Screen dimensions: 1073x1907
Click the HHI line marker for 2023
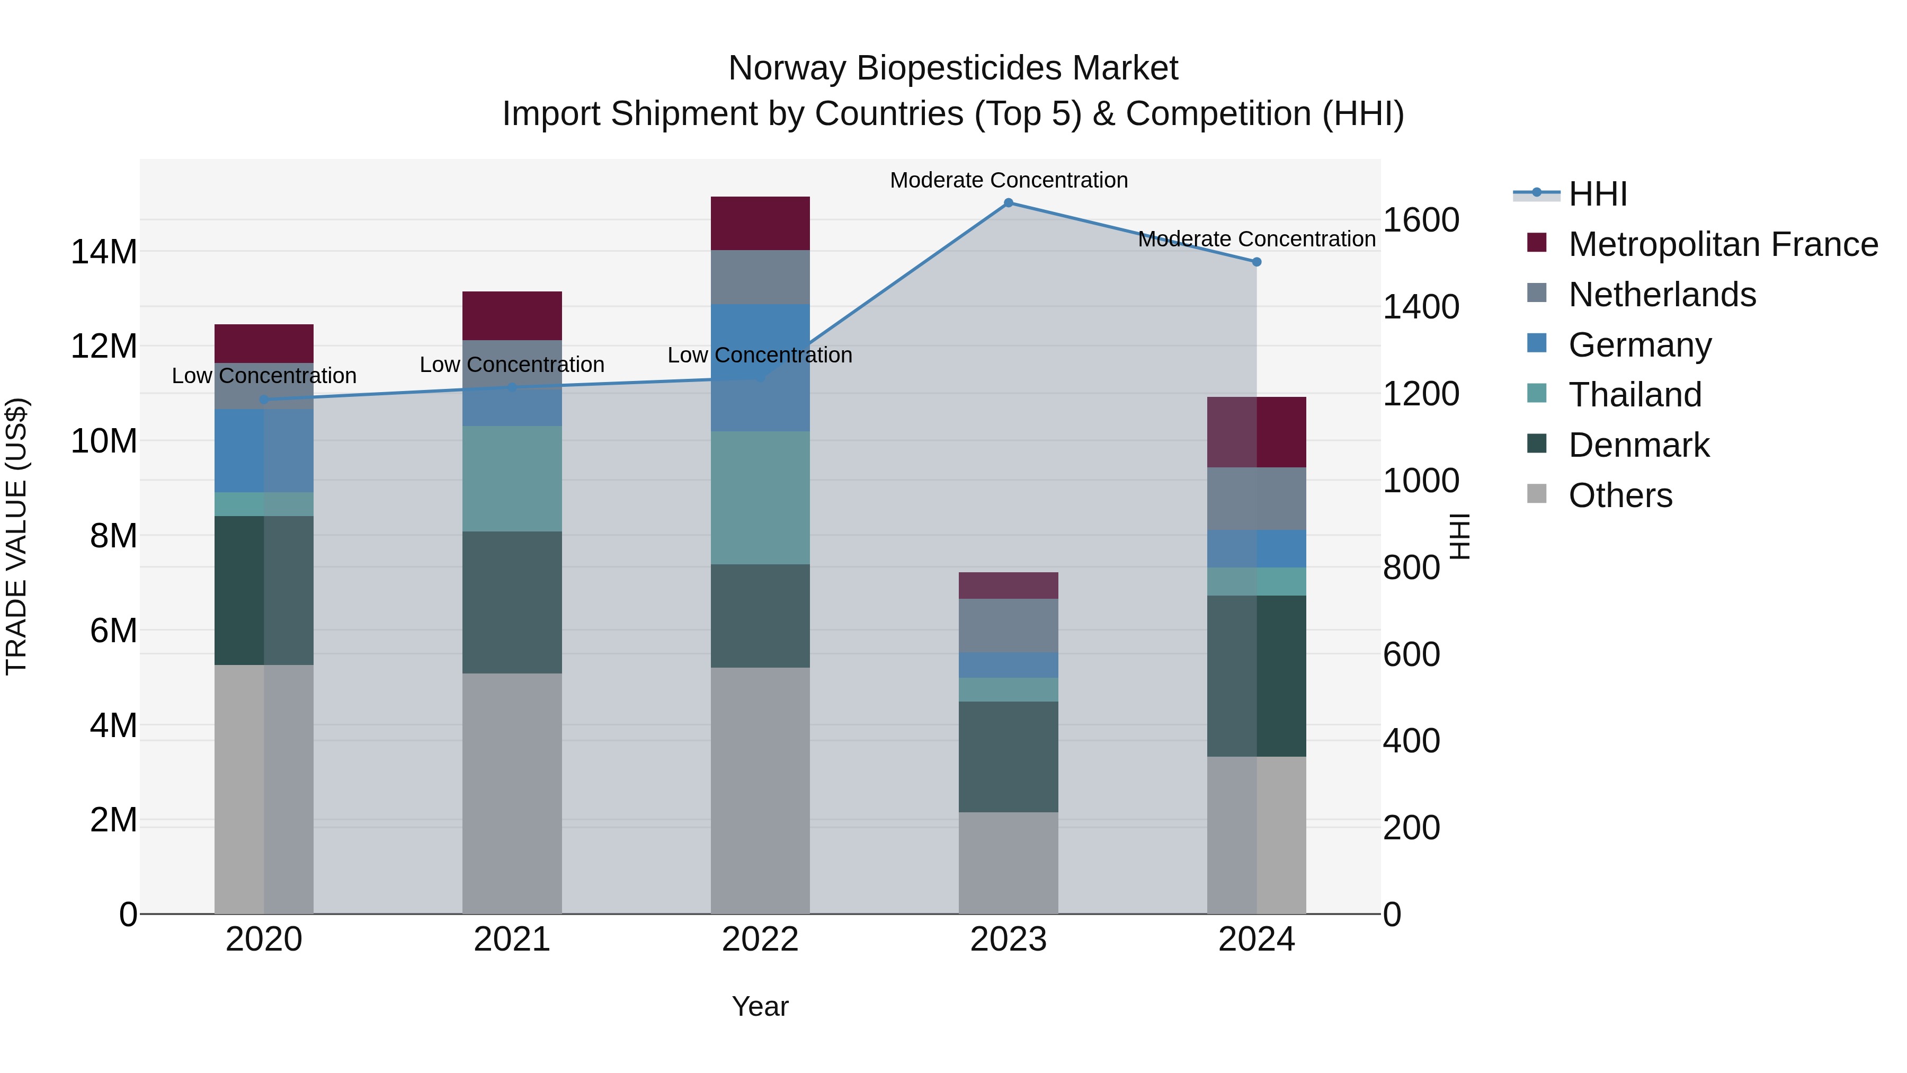[1008, 203]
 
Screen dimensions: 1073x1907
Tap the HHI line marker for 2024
[1257, 262]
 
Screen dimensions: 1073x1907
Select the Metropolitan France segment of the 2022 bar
[760, 224]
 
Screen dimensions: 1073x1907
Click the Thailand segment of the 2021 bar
[512, 478]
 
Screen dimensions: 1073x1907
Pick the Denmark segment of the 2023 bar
[1008, 757]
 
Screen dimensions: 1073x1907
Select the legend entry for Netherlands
[1662, 295]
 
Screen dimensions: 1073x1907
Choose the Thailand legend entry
[1635, 395]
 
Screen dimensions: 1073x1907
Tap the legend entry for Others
[1620, 495]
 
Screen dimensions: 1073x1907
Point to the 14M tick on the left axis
[104, 252]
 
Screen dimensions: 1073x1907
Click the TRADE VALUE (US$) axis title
[16, 536]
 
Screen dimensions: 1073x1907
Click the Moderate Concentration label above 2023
[1008, 180]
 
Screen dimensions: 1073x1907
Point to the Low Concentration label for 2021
[512, 365]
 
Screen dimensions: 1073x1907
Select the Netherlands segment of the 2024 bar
[1257, 499]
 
